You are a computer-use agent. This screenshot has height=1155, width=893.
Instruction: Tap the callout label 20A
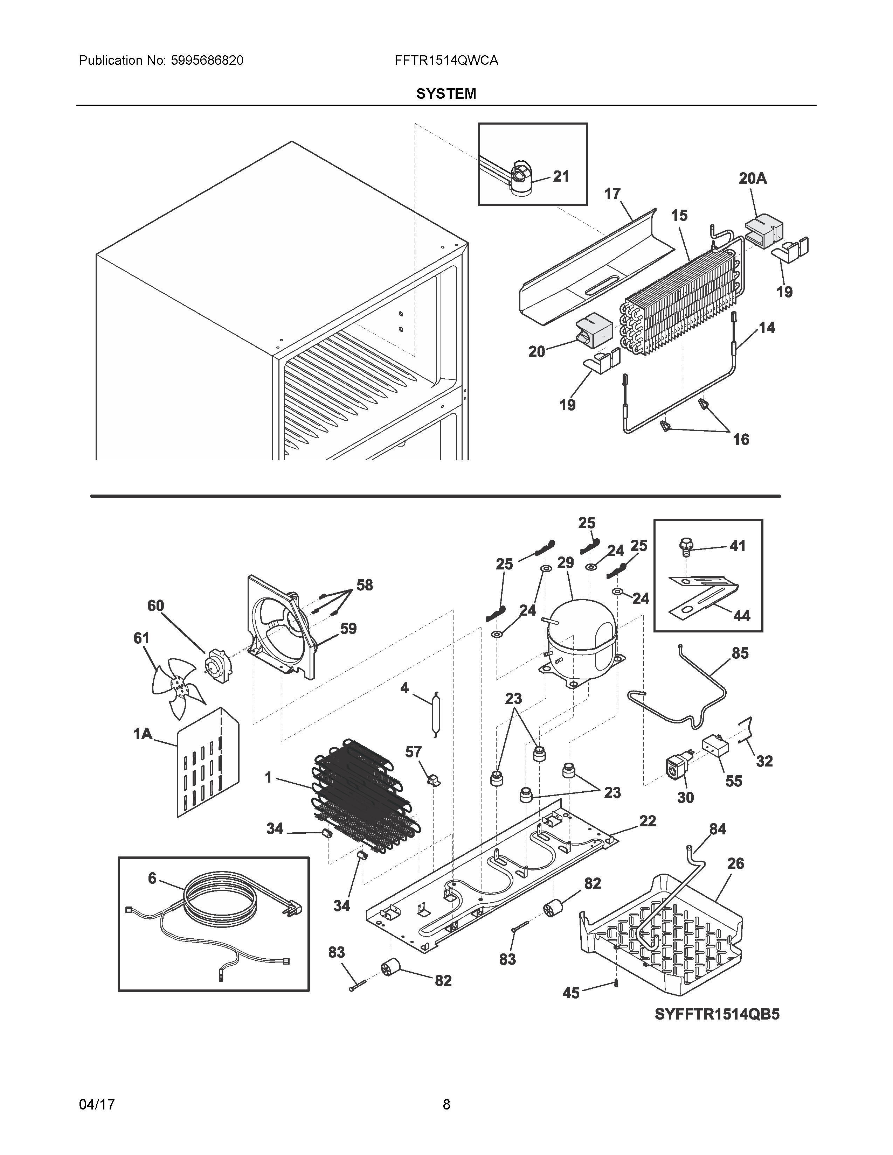[752, 179]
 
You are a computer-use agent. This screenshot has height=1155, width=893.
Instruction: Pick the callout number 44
[742, 616]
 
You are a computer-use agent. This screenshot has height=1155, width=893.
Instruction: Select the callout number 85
[740, 654]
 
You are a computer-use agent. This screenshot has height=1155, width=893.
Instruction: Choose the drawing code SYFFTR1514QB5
[717, 1014]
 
